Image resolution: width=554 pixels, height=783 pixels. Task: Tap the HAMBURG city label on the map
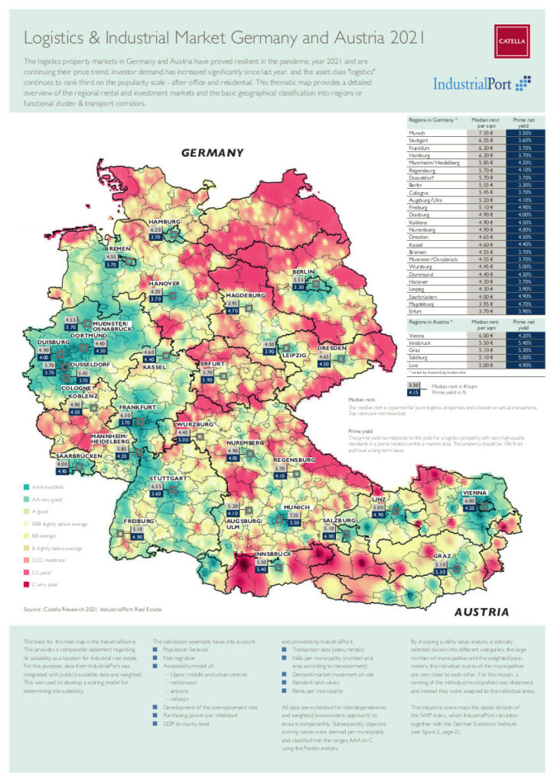click(x=165, y=221)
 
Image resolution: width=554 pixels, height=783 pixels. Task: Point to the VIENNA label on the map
click(x=477, y=494)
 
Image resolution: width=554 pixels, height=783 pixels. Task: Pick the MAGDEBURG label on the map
click(x=245, y=294)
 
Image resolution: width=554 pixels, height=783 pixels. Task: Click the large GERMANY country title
click(x=212, y=153)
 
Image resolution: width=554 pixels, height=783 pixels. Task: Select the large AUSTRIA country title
click(x=481, y=612)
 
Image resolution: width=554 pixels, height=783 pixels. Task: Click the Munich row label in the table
click(x=418, y=133)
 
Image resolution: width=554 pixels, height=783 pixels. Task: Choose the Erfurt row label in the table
click(x=417, y=312)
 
